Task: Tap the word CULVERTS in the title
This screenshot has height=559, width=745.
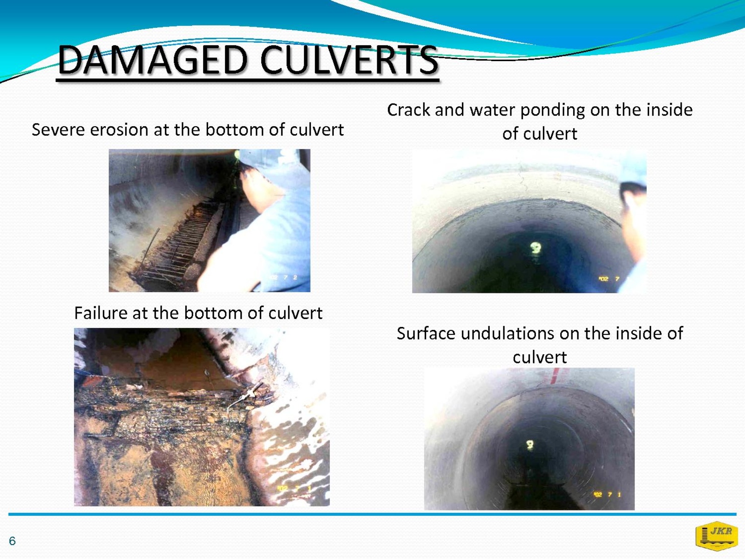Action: (x=350, y=60)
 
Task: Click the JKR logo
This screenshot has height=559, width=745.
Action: (x=717, y=536)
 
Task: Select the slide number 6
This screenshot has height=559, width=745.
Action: (x=12, y=541)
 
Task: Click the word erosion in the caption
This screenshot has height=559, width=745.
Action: (x=119, y=130)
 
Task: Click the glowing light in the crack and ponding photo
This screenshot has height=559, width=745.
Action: (x=535, y=247)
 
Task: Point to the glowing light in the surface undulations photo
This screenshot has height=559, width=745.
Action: (x=530, y=444)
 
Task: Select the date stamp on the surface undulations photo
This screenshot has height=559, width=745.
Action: (x=607, y=495)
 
